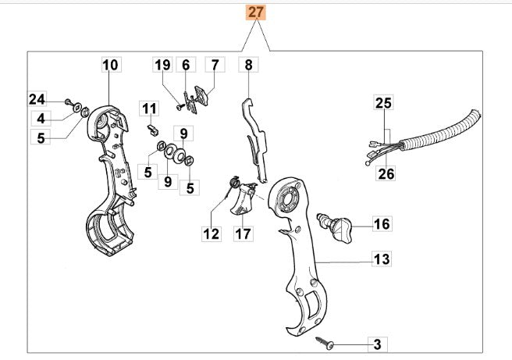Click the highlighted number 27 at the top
pos(257,12)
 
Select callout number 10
pos(110,65)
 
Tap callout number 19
pos(162,65)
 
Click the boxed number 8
pos(249,65)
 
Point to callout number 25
pos(385,103)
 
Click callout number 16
pos(381,224)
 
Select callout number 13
pos(381,258)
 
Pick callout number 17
pos(243,233)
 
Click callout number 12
pos(212,233)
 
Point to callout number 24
pos(37,98)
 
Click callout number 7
pos(214,65)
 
